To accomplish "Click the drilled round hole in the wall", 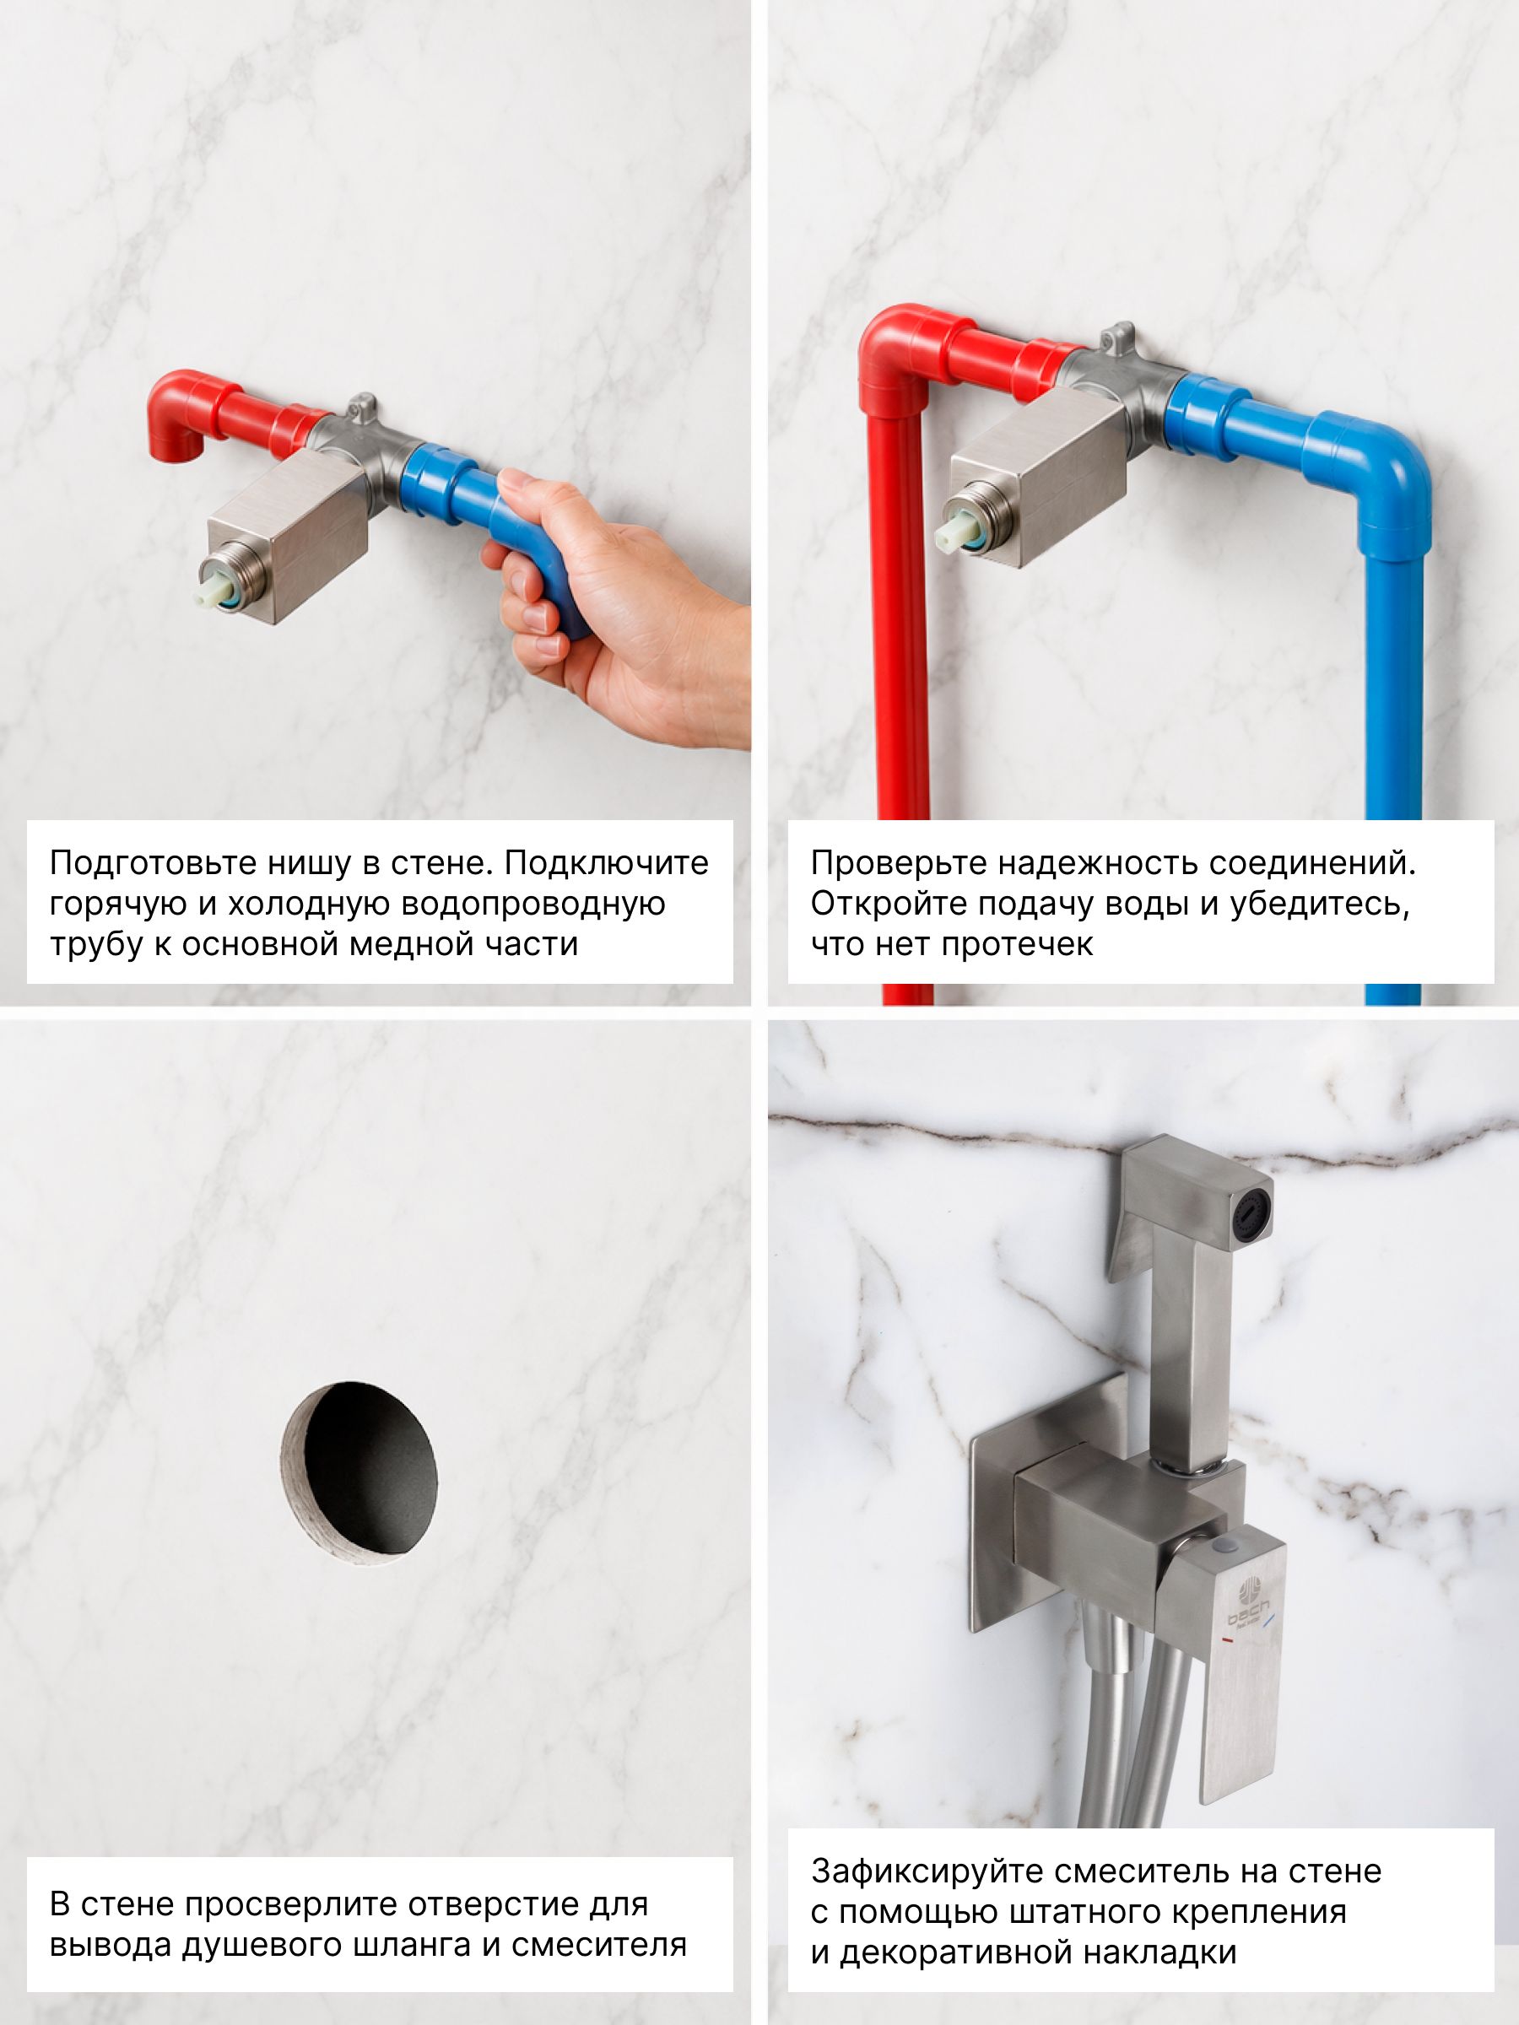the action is pos(358,1479).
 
